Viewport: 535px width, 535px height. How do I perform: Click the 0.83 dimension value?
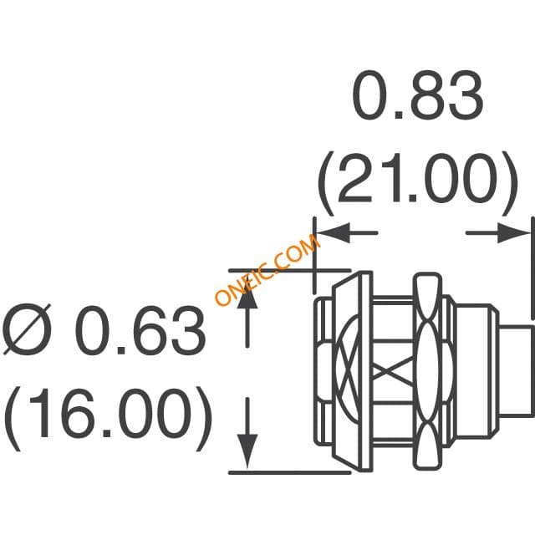click(418, 94)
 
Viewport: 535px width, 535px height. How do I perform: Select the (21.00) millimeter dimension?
click(418, 182)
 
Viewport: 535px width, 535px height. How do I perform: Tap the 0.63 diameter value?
click(140, 330)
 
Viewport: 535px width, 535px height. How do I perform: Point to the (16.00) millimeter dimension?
click(108, 418)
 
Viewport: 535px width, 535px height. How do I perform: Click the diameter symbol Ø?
click(27, 329)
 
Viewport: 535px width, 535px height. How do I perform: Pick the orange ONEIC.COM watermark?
click(267, 270)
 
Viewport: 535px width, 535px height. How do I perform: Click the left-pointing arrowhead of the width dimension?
click(334, 233)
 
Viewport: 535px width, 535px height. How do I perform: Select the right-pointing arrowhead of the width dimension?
click(513, 233)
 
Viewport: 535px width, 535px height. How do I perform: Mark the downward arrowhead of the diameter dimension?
click(247, 451)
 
